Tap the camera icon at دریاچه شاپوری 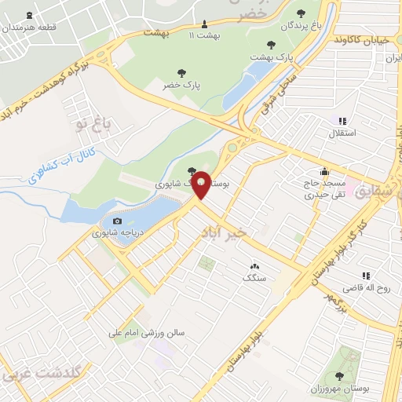[x=118, y=221]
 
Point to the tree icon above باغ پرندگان [x=301, y=12]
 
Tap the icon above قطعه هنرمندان [x=30, y=15]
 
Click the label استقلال [x=341, y=133]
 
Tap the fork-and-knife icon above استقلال [x=342, y=120]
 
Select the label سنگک [x=255, y=278]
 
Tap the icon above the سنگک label [x=254, y=266]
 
